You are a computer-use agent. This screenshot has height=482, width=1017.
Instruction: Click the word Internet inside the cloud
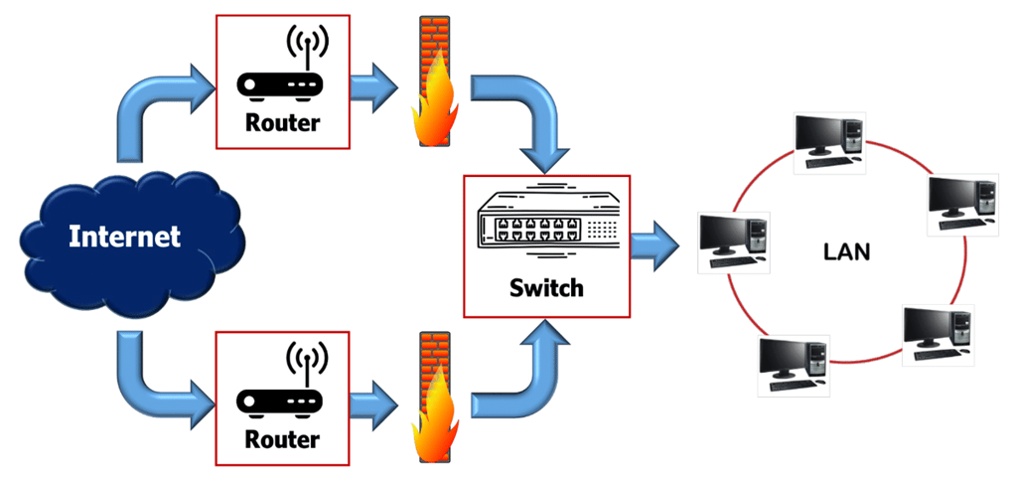(x=125, y=237)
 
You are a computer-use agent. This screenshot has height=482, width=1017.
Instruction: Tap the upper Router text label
(x=283, y=123)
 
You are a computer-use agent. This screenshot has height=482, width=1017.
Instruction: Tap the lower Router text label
(x=283, y=438)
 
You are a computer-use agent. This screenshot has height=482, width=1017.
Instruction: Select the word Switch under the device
(x=546, y=288)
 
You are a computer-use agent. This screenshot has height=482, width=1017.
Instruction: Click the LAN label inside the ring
(x=846, y=251)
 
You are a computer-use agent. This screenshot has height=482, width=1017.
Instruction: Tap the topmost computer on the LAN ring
(x=830, y=139)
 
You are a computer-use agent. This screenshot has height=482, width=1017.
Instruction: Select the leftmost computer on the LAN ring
(x=733, y=241)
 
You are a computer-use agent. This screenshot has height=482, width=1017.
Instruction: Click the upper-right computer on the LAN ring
(x=961, y=204)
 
